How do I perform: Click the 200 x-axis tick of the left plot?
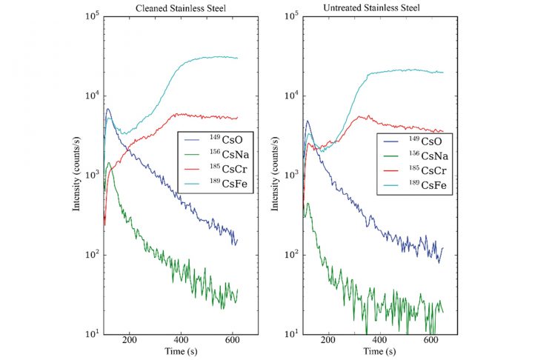point(131,341)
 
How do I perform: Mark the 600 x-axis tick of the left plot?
point(233,341)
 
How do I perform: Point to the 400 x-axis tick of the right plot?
point(380,341)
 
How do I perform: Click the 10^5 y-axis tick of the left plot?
point(91,16)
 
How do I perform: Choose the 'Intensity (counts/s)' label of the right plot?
point(273,176)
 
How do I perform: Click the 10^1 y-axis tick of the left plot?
point(91,334)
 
